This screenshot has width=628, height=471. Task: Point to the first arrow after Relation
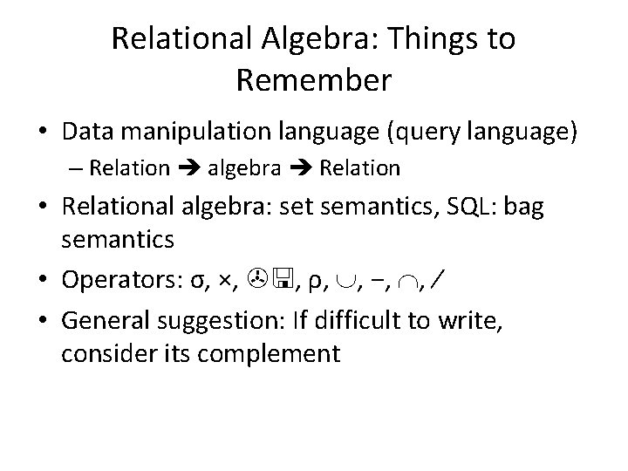[x=188, y=168]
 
